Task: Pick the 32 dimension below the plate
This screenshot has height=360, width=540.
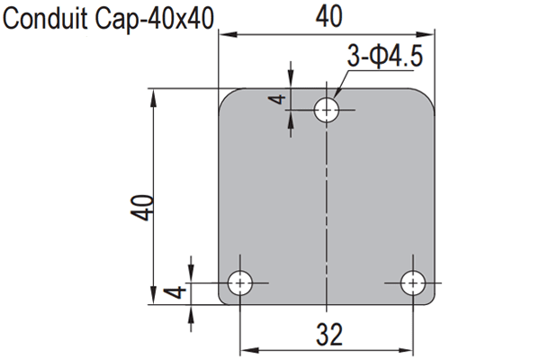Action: [x=329, y=334]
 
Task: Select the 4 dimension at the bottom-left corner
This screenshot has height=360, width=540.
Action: [x=178, y=292]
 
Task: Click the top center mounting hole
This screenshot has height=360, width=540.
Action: [x=326, y=111]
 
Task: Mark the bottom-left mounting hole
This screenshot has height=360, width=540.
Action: [x=239, y=283]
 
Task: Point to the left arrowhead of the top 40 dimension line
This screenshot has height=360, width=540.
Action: [x=225, y=35]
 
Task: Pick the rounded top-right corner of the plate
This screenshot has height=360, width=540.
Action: [x=428, y=97]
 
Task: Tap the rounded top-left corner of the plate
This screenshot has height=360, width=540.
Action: [x=227, y=97]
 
